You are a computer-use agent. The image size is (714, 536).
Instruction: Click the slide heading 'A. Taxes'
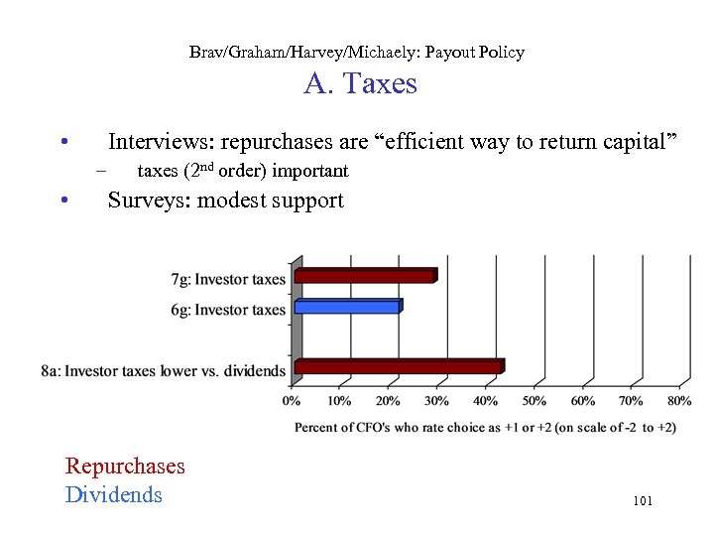360,84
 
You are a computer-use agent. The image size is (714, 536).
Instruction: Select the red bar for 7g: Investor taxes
365,276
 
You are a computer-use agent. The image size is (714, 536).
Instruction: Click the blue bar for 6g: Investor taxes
343,307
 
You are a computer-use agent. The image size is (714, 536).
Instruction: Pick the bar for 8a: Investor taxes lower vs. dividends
399,367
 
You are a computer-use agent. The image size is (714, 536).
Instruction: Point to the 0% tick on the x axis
292,401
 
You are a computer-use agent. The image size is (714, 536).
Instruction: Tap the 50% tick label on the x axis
534,401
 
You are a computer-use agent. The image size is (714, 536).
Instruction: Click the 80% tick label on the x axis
679,401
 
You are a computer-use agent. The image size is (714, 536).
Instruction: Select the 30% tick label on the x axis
436,401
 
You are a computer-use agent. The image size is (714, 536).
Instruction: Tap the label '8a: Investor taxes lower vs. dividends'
163,371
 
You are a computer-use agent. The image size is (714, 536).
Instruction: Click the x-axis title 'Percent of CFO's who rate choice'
485,427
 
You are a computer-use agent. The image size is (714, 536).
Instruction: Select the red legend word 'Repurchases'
125,466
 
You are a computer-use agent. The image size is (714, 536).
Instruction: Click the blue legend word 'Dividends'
113,494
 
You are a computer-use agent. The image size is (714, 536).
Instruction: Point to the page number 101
642,501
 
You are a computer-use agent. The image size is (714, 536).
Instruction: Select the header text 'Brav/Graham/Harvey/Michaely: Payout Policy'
356,52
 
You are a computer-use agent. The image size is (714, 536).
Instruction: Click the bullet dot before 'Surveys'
62,201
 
